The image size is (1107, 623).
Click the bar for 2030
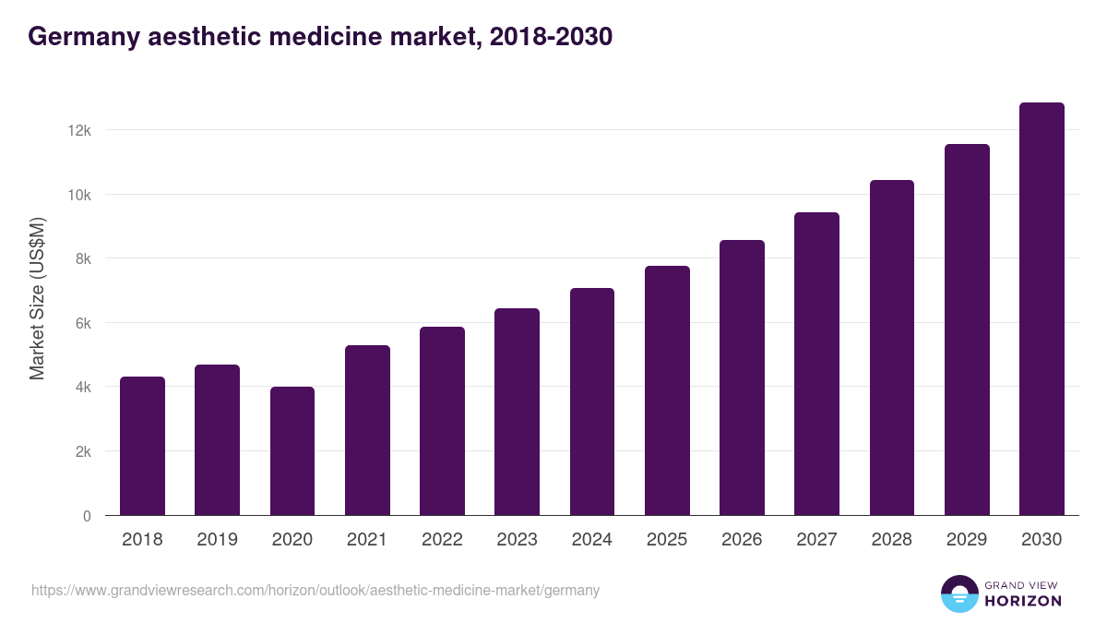tap(1042, 309)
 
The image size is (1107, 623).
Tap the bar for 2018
tap(143, 446)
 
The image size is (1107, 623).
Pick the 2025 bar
tap(667, 390)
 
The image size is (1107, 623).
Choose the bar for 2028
tap(892, 348)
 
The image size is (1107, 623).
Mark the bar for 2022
tap(442, 421)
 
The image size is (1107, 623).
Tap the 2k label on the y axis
tap(83, 452)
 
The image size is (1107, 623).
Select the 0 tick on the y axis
tap(87, 516)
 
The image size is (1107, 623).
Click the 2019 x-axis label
tap(218, 540)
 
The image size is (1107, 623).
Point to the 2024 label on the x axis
tap(592, 540)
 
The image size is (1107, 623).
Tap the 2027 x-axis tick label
tap(816, 540)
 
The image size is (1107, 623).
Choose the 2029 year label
tap(967, 540)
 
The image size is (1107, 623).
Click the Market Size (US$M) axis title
tap(37, 298)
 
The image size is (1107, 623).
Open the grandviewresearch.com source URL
tap(315, 591)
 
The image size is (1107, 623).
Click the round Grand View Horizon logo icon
tap(959, 593)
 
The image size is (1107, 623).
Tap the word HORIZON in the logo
tap(1023, 601)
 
